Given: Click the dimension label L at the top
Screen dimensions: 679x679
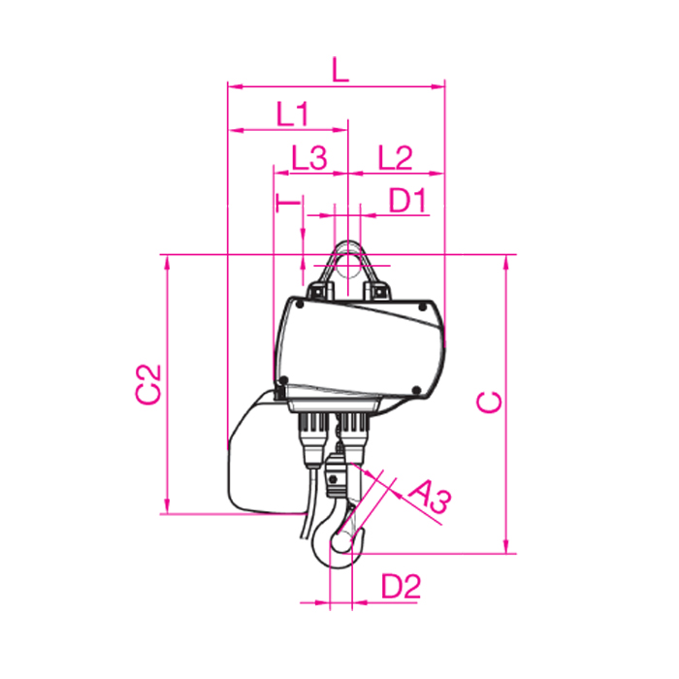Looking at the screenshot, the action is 340,69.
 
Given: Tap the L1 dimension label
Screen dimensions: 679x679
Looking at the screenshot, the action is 293,113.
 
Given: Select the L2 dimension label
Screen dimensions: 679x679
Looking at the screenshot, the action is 395,157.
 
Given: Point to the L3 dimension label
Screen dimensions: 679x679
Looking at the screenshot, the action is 309,157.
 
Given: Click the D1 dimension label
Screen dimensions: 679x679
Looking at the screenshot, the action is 408,200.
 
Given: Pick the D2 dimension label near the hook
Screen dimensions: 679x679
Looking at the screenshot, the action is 401,586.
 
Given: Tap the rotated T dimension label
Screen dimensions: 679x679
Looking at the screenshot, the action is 288,203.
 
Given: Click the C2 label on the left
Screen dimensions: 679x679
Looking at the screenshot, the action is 148,384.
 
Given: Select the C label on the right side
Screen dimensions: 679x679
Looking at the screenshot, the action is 489,403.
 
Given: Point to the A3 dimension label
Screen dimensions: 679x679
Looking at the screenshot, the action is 430,497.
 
